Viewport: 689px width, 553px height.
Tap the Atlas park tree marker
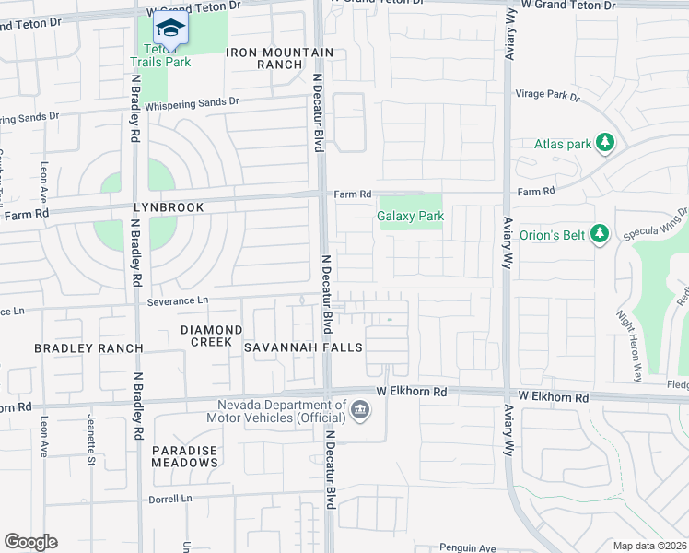tap(605, 143)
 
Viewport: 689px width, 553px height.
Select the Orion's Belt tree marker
tap(601, 234)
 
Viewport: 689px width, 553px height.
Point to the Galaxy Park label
tap(411, 217)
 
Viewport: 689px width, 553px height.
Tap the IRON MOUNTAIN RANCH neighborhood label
tap(264, 59)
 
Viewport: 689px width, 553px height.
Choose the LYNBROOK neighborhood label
tap(169, 207)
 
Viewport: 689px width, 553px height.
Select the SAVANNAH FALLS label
tap(303, 347)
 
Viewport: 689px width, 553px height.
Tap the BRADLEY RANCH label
tap(88, 348)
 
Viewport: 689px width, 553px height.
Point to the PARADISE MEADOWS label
tap(185, 457)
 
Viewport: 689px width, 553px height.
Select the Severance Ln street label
tap(178, 300)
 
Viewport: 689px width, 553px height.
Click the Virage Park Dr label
tap(550, 96)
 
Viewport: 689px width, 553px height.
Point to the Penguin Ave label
tap(467, 547)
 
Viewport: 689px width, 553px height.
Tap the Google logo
tap(30, 542)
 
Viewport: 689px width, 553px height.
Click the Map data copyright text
tap(649, 546)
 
